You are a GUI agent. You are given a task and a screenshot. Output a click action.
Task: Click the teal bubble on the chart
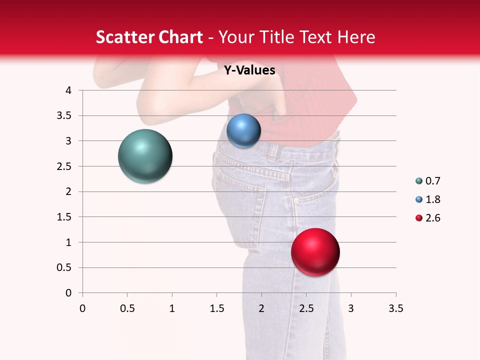coord(145,156)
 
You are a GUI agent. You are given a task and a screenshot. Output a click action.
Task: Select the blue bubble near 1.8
coord(243,131)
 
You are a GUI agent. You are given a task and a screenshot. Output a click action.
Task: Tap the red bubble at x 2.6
coord(315,252)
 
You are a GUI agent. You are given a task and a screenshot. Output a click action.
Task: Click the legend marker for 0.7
coord(419,181)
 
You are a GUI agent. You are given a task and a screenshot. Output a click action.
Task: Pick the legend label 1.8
coord(432,199)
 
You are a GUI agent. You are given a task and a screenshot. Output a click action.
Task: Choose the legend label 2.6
coord(432,218)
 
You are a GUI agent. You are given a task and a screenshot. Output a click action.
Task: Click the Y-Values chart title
coord(249,70)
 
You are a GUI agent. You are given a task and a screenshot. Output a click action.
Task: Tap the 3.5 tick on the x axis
coord(395,308)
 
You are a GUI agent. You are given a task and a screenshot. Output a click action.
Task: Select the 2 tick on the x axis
coord(261,308)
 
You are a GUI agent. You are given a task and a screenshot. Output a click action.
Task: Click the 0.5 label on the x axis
coord(127,308)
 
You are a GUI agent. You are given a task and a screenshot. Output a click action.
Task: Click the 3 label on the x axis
coord(351,308)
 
